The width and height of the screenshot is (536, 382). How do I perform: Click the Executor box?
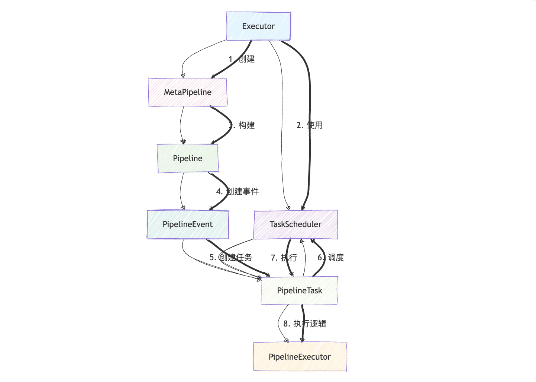pyautogui.click(x=258, y=26)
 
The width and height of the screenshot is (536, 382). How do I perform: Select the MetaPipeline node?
pyautogui.click(x=187, y=92)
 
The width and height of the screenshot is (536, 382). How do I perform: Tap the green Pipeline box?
pyautogui.click(x=188, y=159)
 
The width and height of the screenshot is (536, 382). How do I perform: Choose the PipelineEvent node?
pyautogui.click(x=188, y=225)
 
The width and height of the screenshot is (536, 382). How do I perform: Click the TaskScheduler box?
pyautogui.click(x=296, y=225)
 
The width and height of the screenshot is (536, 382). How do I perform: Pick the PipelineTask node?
pyautogui.click(x=299, y=291)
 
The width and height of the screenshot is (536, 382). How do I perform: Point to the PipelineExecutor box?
pyautogui.click(x=300, y=357)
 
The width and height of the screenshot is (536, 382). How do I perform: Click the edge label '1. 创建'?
pyautogui.click(x=242, y=59)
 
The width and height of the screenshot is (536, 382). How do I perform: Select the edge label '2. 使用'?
pyautogui.click(x=310, y=125)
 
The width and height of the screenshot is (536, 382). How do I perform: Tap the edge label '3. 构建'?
pyautogui.click(x=242, y=125)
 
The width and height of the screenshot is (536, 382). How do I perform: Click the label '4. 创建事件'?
pyautogui.click(x=238, y=192)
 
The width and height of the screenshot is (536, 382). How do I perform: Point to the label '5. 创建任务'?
pyautogui.click(x=231, y=258)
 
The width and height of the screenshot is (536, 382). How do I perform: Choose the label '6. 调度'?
pyautogui.click(x=330, y=258)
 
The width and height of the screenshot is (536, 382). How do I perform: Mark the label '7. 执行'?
pyautogui.click(x=284, y=258)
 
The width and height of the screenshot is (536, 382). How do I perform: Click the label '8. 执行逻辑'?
pyautogui.click(x=305, y=324)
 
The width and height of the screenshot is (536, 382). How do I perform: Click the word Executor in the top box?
pyautogui.click(x=258, y=26)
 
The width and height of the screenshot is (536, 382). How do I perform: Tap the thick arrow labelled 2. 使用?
pyautogui.click(x=309, y=93)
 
